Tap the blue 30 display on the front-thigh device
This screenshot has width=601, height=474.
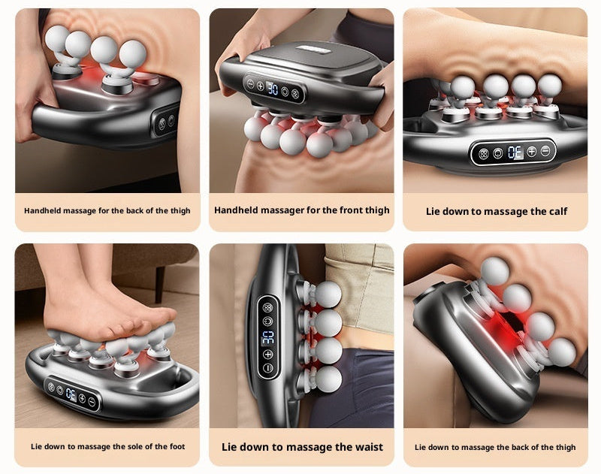click(x=273, y=89)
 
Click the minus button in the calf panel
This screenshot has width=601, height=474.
click(x=545, y=151)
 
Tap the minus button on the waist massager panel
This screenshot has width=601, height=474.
click(x=268, y=368)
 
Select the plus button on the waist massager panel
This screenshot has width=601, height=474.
click(x=268, y=354)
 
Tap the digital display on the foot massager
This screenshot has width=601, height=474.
click(x=71, y=394)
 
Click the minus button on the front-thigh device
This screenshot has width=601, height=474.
click(x=250, y=84)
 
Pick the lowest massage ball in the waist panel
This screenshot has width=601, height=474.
click(x=328, y=379)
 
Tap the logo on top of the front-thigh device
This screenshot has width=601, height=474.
click(x=313, y=50)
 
